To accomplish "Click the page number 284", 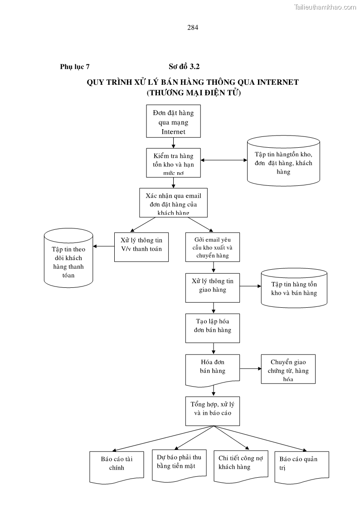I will point(193,27).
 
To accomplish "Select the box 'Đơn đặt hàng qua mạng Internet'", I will point(173,121).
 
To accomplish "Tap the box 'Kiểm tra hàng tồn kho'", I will point(173,163).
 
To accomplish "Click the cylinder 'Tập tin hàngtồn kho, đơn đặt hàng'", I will point(283,161).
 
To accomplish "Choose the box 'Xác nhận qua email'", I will point(173,203).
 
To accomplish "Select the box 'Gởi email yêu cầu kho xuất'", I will point(213,247).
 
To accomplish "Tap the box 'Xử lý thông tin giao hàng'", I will point(213,287).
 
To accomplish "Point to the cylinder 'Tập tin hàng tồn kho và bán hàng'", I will point(294,288).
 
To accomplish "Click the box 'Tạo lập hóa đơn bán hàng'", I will point(213,328).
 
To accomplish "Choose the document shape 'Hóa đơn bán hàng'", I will point(213,368).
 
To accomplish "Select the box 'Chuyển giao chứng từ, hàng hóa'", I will point(288,369).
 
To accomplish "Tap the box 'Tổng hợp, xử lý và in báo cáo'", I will point(213,410).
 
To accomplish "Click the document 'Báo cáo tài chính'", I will point(113,465).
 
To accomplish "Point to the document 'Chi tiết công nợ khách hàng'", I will point(240,464).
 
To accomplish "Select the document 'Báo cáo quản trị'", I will point(301,464).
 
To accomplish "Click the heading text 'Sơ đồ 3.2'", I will point(184,67).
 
